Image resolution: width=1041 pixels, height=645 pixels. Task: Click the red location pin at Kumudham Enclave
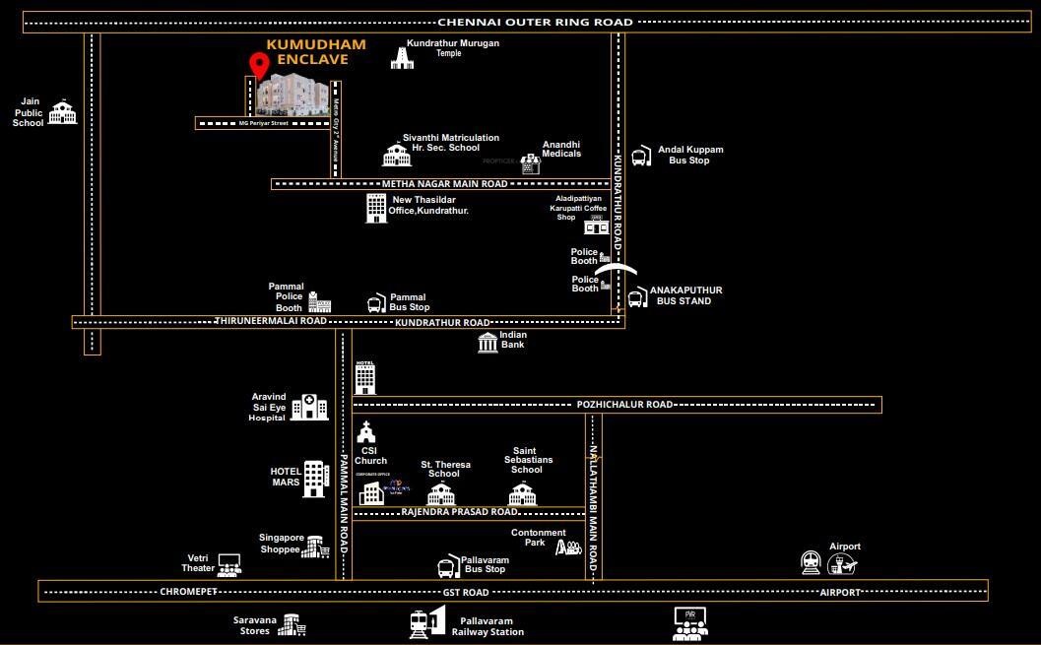(x=259, y=65)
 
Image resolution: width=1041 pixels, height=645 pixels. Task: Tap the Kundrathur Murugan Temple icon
(x=402, y=56)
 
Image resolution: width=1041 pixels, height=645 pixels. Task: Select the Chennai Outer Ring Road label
(x=535, y=22)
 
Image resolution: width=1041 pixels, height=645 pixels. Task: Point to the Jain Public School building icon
(x=63, y=112)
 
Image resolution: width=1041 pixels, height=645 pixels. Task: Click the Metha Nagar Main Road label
(x=444, y=184)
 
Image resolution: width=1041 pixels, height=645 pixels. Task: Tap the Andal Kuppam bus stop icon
(x=640, y=156)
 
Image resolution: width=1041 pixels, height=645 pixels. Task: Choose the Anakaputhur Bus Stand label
(x=685, y=295)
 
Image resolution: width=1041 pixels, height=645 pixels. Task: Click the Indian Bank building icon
(x=488, y=342)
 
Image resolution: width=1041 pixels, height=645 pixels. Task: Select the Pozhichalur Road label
(x=624, y=405)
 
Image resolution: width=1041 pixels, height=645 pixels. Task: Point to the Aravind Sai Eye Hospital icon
(x=309, y=406)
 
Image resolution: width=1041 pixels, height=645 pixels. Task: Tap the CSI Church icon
(x=366, y=431)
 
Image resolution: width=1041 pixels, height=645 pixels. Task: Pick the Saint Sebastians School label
(x=527, y=460)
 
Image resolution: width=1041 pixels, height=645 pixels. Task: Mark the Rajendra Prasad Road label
(x=459, y=512)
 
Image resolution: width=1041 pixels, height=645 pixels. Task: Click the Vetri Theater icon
(x=229, y=564)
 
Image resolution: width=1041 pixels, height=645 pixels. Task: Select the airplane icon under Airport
(x=843, y=564)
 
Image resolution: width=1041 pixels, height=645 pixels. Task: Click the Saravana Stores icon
(x=292, y=624)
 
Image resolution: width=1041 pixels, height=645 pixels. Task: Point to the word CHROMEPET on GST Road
(x=187, y=592)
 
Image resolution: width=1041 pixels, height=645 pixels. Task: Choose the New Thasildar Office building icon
(x=376, y=207)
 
